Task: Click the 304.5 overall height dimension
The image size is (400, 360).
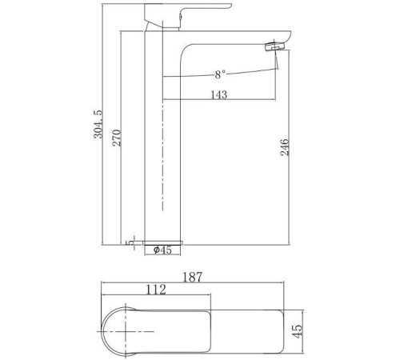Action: click(98, 124)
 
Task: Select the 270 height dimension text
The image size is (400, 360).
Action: click(117, 138)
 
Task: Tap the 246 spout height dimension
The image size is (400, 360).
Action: click(284, 147)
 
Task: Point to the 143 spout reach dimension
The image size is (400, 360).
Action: click(219, 94)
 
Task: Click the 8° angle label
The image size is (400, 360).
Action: click(220, 74)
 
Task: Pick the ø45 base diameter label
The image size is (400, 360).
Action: click(162, 250)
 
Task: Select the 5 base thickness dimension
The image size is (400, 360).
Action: click(131, 242)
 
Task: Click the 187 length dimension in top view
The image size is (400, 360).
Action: click(192, 277)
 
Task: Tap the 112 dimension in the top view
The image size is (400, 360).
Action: click(156, 290)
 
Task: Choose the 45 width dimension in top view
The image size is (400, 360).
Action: click(298, 331)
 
